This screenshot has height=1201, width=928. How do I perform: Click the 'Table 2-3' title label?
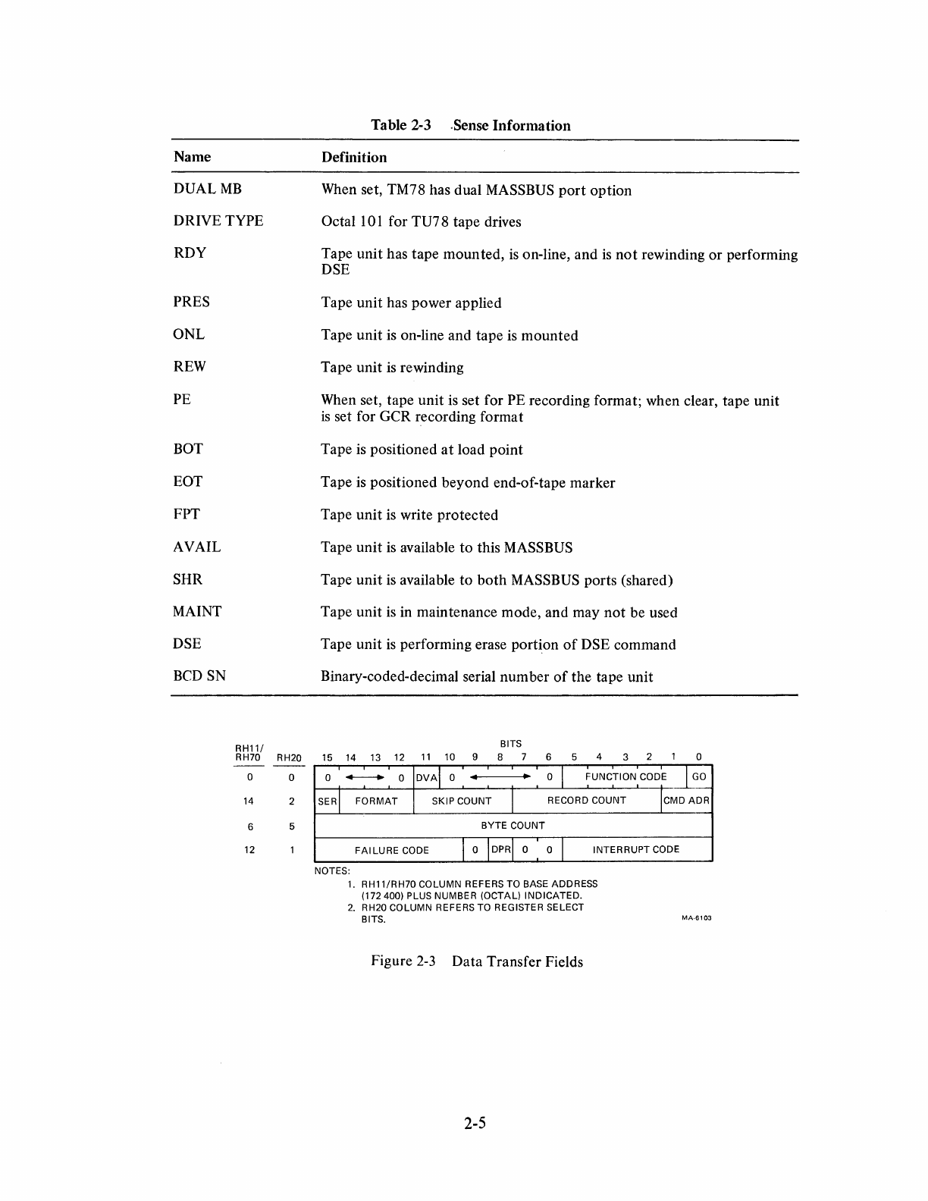click(x=400, y=126)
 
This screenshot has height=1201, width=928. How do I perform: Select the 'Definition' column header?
click(x=354, y=158)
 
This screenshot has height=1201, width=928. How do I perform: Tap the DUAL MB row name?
click(x=208, y=190)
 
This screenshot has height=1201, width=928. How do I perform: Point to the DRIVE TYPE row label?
click(x=218, y=221)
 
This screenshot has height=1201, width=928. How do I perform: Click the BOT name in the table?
click(x=188, y=449)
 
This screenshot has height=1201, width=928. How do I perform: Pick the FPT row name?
click(x=187, y=514)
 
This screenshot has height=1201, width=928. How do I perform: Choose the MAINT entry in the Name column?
click(x=197, y=612)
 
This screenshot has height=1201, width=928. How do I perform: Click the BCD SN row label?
click(x=199, y=676)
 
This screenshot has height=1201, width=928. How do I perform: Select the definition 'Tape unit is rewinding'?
click(x=392, y=368)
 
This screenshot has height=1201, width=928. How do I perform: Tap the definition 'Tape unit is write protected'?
click(x=409, y=515)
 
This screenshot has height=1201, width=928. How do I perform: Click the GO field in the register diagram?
click(x=699, y=777)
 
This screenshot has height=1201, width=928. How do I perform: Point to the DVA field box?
click(x=427, y=777)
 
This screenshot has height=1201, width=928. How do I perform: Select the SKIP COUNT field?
click(x=462, y=801)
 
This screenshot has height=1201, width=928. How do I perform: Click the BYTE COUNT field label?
click(x=513, y=826)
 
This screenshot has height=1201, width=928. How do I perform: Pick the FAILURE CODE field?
click(x=391, y=850)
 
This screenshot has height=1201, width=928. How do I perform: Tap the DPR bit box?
click(x=500, y=850)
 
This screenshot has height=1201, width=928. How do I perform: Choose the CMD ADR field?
click(x=686, y=801)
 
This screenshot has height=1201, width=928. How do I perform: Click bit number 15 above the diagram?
click(x=327, y=757)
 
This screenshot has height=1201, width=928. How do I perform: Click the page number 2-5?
click(x=475, y=1124)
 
